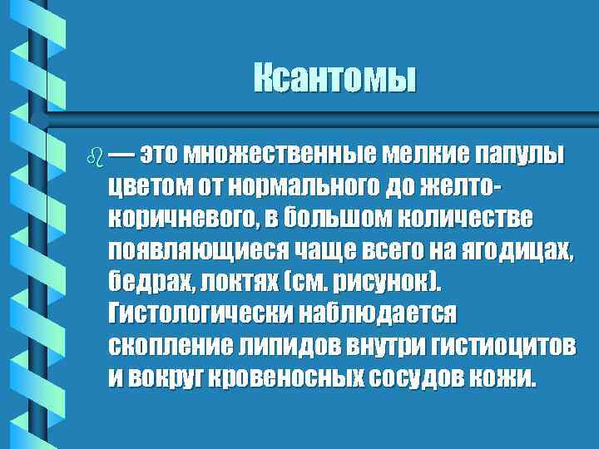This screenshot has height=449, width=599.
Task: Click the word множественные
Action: [279, 155]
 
